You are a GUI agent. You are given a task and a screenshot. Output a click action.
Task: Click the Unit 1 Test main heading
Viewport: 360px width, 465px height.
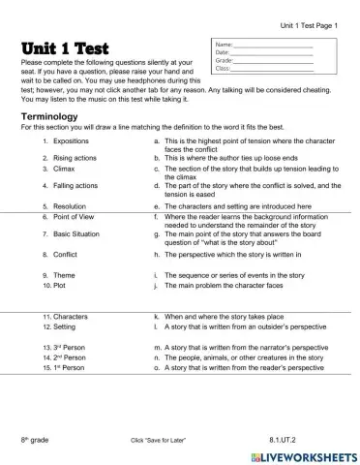tap(65, 48)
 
